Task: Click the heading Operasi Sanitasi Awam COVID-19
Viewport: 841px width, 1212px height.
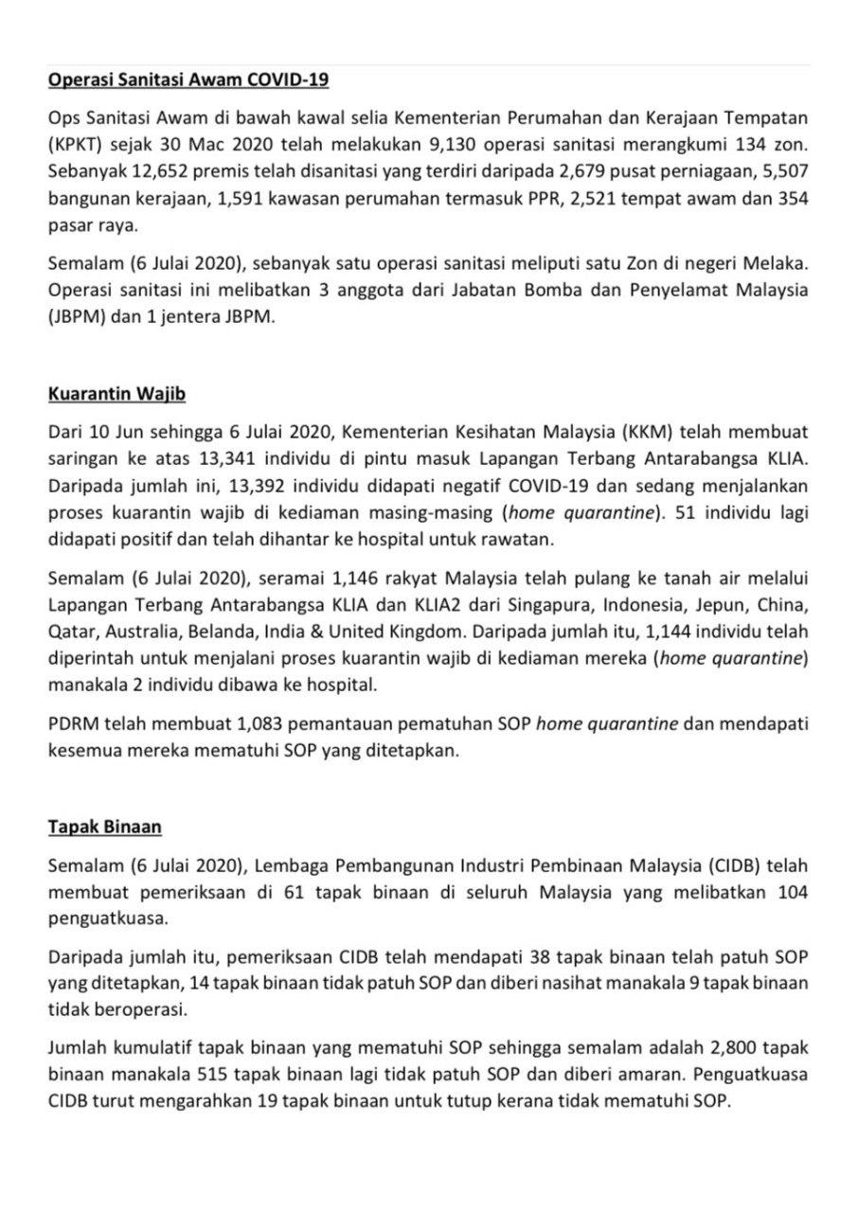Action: pos(188,80)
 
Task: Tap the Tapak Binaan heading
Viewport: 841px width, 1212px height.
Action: pos(105,827)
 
